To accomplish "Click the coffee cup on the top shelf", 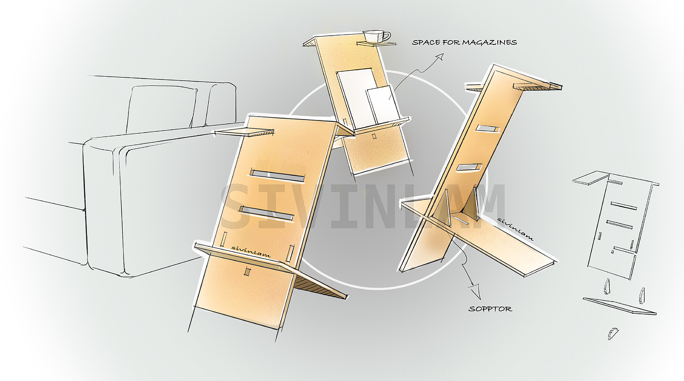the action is pyautogui.click(x=375, y=36).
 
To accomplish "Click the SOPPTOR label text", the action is pyautogui.click(x=490, y=309).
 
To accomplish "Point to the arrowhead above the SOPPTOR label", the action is pyautogui.click(x=475, y=292).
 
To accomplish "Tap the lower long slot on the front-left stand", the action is pyautogui.click(x=267, y=214).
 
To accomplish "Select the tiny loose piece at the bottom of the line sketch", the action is pyautogui.click(x=611, y=334).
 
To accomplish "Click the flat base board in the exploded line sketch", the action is pyautogui.click(x=620, y=306).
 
